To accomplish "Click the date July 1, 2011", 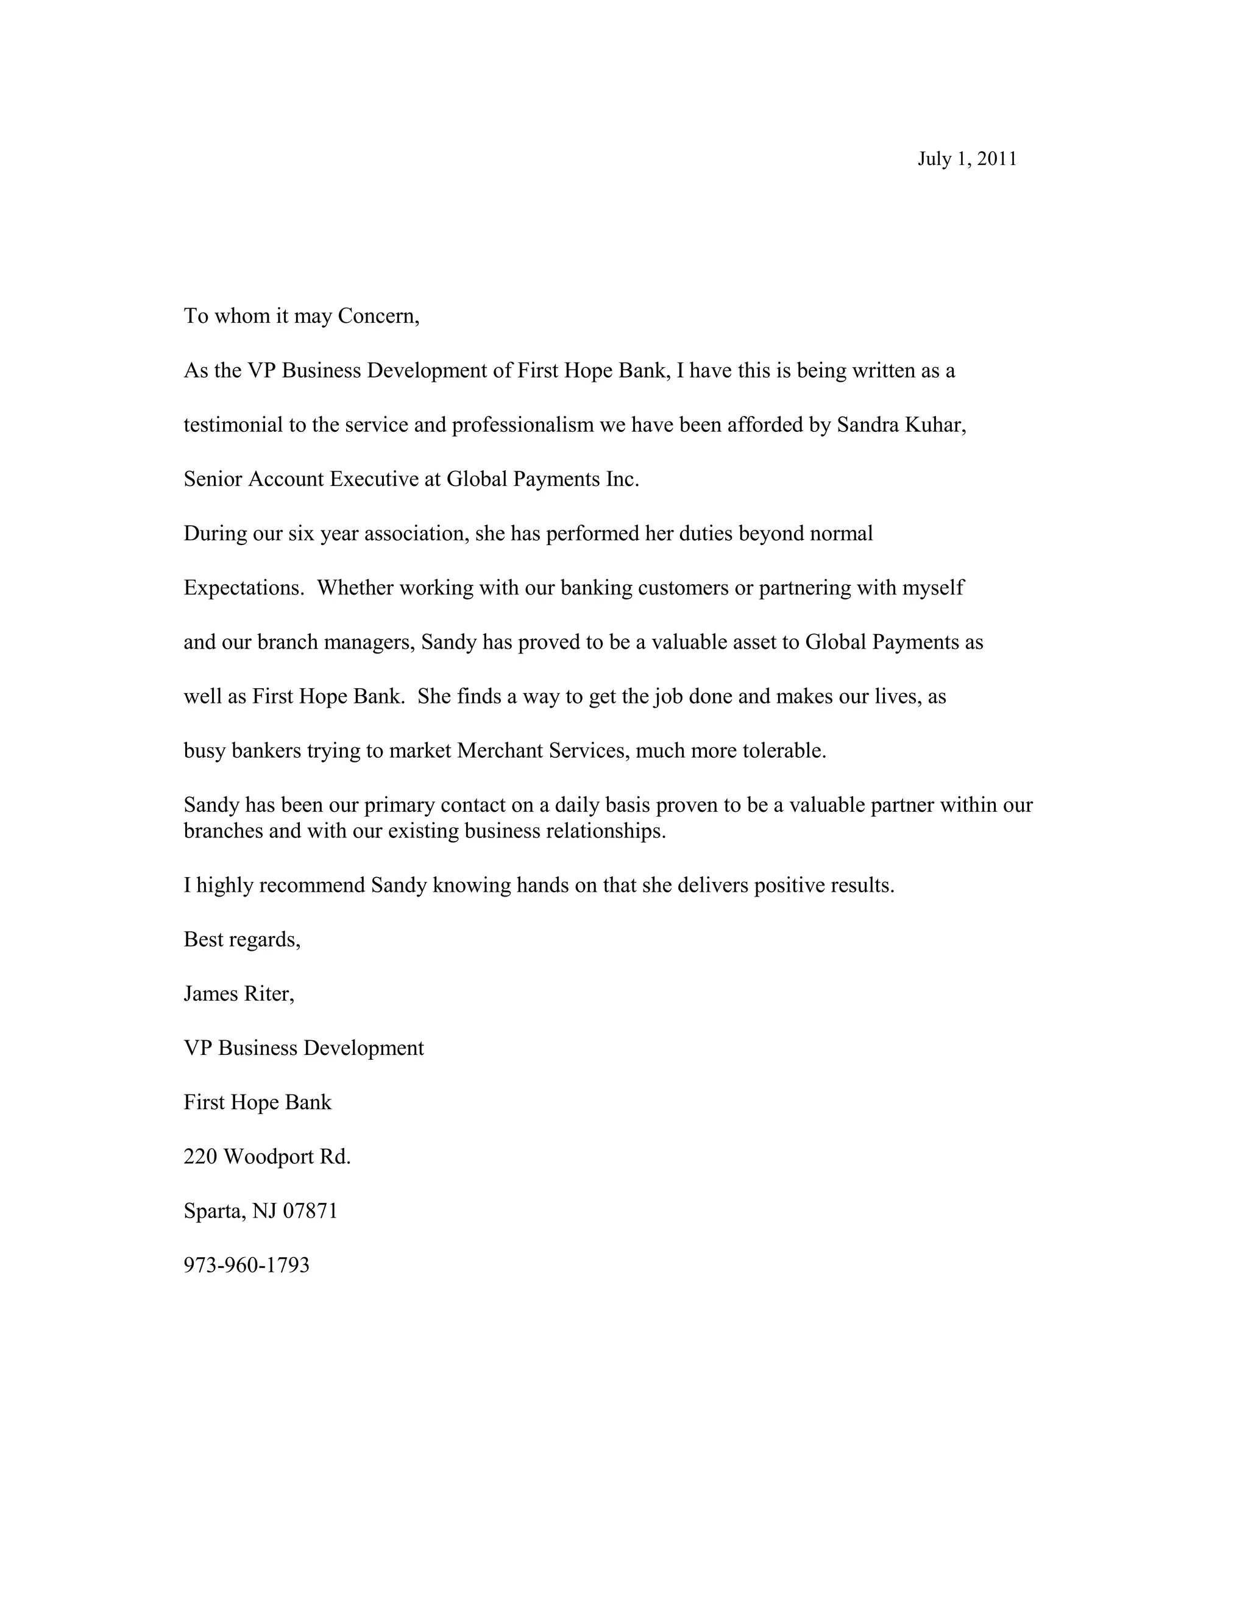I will [966, 159].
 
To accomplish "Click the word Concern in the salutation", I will [378, 316].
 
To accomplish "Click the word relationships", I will [606, 831].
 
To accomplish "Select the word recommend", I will [318, 886].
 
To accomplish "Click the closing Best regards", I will [242, 940].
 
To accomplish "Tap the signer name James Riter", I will [239, 994].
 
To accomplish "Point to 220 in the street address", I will [200, 1157].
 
